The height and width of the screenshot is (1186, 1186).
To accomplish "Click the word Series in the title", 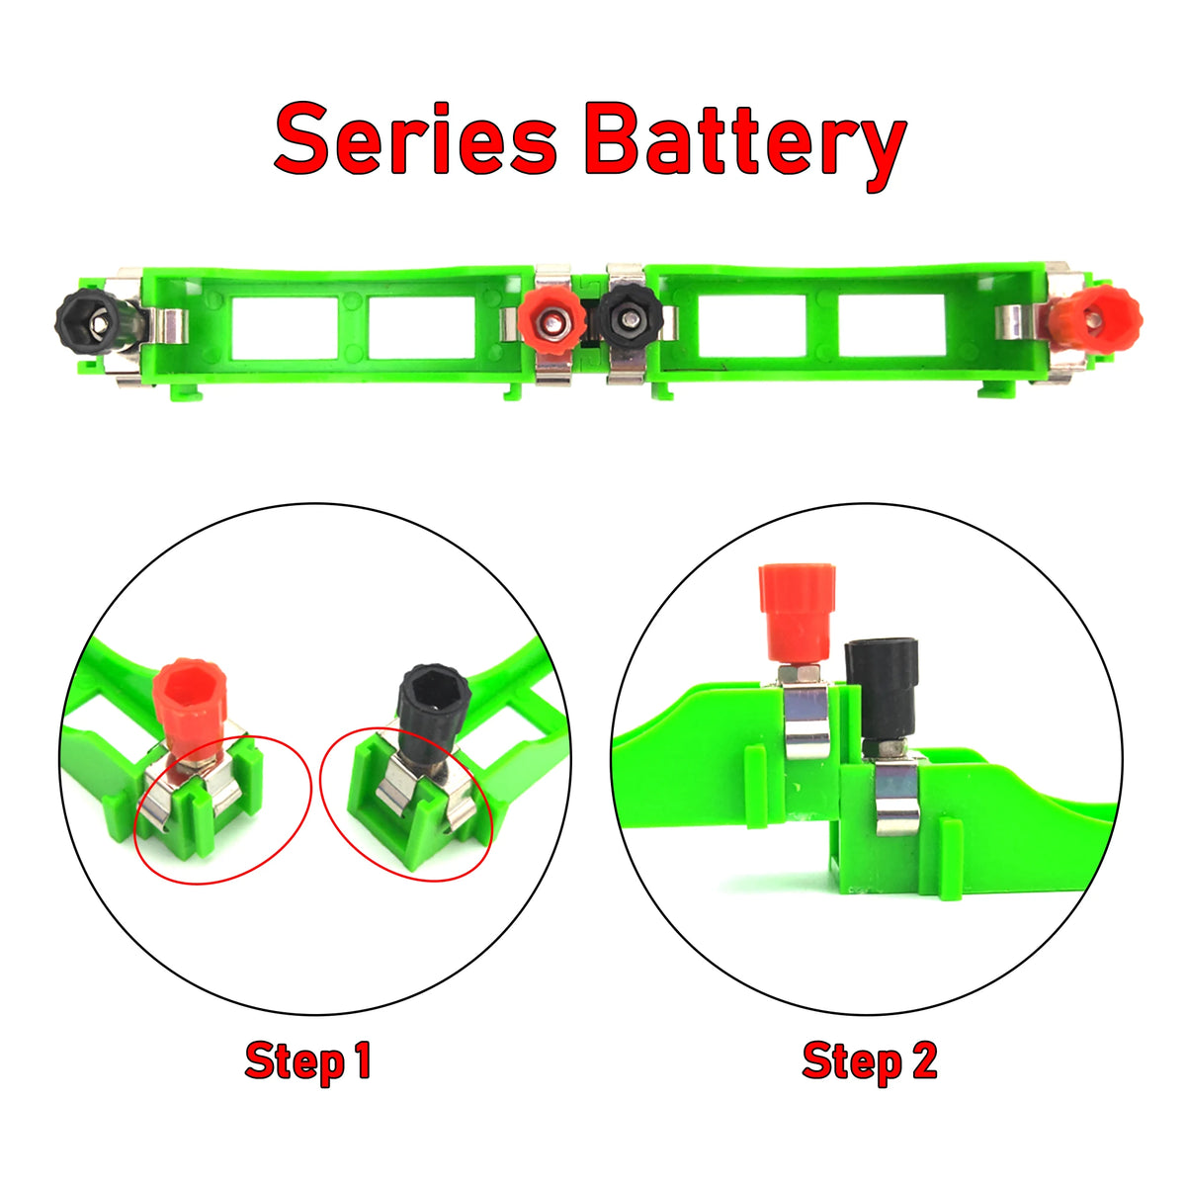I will tap(415, 140).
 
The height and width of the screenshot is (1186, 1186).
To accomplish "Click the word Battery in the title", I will tap(746, 143).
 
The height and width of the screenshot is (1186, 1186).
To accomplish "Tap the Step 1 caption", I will tap(307, 1060).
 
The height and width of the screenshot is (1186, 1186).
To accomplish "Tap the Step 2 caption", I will tap(870, 1060).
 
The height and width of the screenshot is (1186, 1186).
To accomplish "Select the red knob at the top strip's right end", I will tap(1094, 319).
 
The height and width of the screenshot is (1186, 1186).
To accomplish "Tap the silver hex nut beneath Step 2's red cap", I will tap(800, 674).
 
